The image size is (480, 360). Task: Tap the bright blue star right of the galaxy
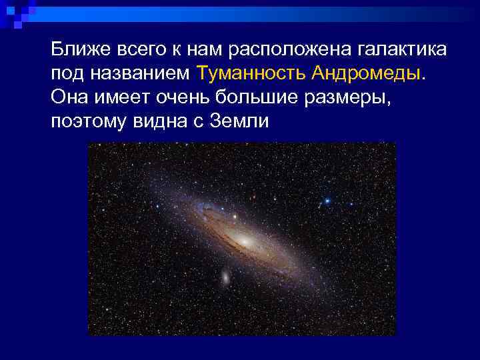[327, 200]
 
